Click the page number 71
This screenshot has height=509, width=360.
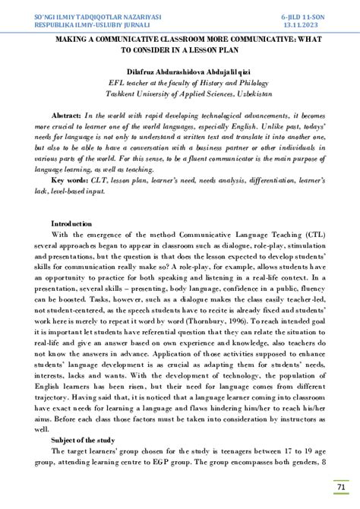pyautogui.click(x=341, y=487)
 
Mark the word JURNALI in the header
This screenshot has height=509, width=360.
pyautogui.click(x=157, y=24)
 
